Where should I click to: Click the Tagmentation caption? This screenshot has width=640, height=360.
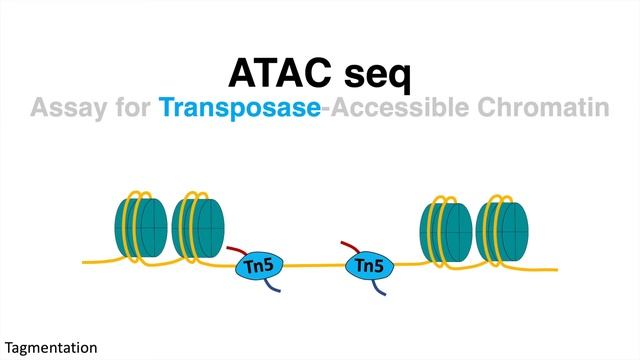[49, 347]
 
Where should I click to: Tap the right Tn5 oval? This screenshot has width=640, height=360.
[370, 266]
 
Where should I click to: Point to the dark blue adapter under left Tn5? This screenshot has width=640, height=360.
[273, 285]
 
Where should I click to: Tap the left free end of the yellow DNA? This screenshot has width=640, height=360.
[85, 263]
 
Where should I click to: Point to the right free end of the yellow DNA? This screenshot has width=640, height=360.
[556, 268]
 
